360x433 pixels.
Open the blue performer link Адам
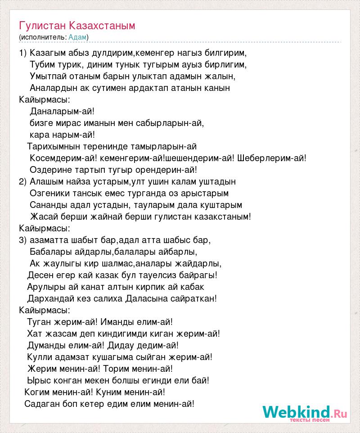(77, 36)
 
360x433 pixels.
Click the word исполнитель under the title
(43, 36)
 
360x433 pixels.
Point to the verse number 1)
(23, 53)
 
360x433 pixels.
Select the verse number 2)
(23, 181)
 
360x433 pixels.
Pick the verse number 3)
(23, 240)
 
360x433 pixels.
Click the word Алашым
(45, 181)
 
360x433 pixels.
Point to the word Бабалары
(48, 252)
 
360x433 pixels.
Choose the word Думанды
(43, 345)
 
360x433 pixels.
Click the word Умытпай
(47, 76)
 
